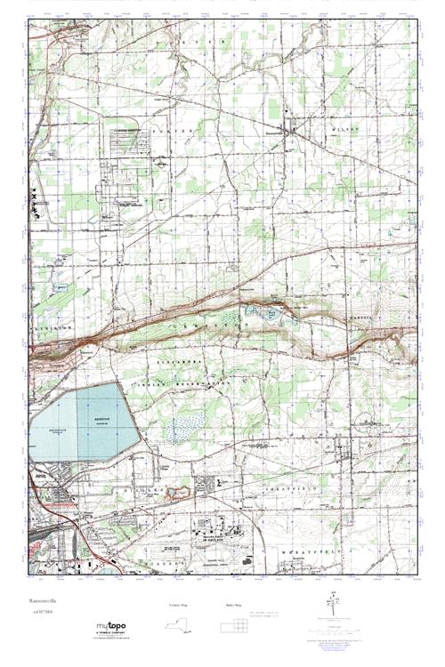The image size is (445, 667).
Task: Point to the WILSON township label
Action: click(347, 129)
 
